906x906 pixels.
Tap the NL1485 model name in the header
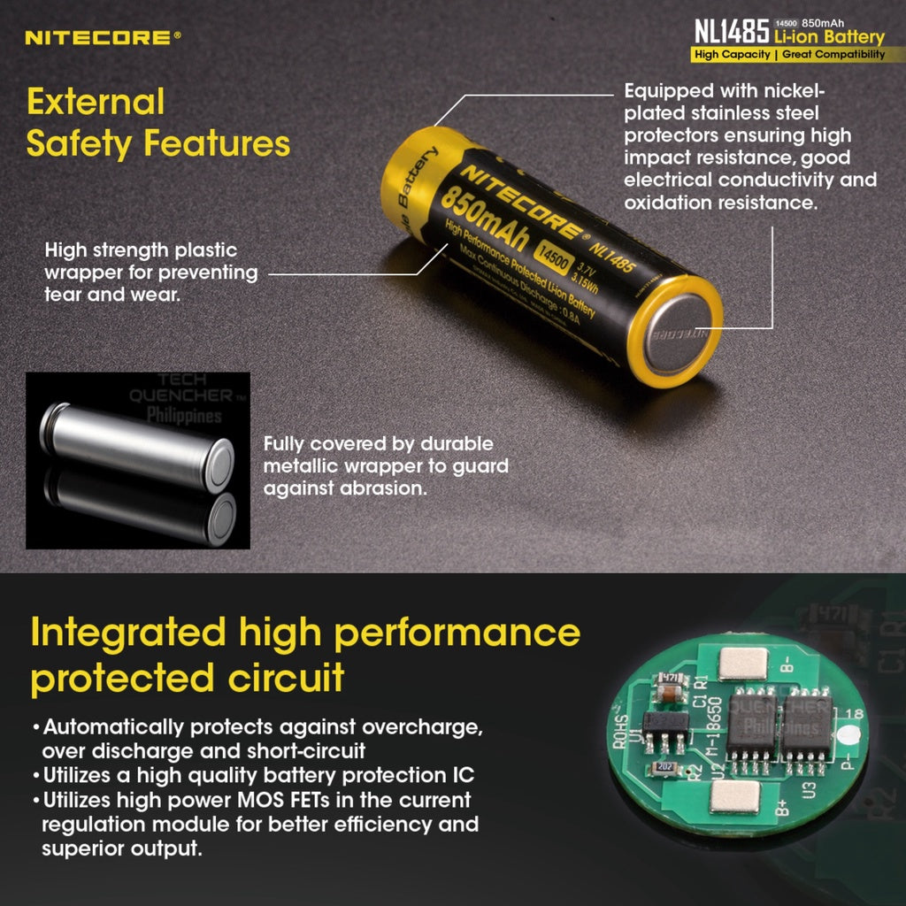tap(730, 33)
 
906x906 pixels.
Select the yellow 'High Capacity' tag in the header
tap(732, 55)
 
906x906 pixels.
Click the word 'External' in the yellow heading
tap(96, 102)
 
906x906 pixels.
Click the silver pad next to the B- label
tap(743, 663)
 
